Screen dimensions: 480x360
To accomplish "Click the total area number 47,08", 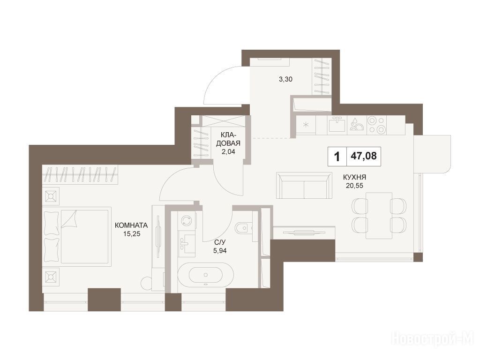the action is tap(364, 156).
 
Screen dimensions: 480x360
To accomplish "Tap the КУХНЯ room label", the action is tap(354, 177).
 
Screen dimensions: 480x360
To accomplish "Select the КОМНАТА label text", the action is tap(131, 225).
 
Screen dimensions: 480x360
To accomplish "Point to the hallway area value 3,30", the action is tap(285, 79).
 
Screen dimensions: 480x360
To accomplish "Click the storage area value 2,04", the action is tap(228, 151).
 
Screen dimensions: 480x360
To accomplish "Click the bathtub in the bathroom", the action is tap(205, 275).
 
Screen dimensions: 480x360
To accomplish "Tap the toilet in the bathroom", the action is tap(244, 227).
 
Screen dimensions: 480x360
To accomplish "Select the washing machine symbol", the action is tap(186, 220).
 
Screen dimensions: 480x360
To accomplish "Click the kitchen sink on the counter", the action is tap(337, 125).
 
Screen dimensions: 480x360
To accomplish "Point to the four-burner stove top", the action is tap(376, 125).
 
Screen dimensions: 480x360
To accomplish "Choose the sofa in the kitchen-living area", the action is tap(304, 185).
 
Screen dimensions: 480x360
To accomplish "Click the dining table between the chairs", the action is tap(379, 216).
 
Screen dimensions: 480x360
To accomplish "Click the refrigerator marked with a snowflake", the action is tap(305, 125).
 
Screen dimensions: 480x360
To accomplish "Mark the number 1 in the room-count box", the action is tap(337, 157).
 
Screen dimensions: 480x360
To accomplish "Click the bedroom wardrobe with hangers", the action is tap(80, 174).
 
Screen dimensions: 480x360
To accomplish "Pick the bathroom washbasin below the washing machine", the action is tap(186, 244).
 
